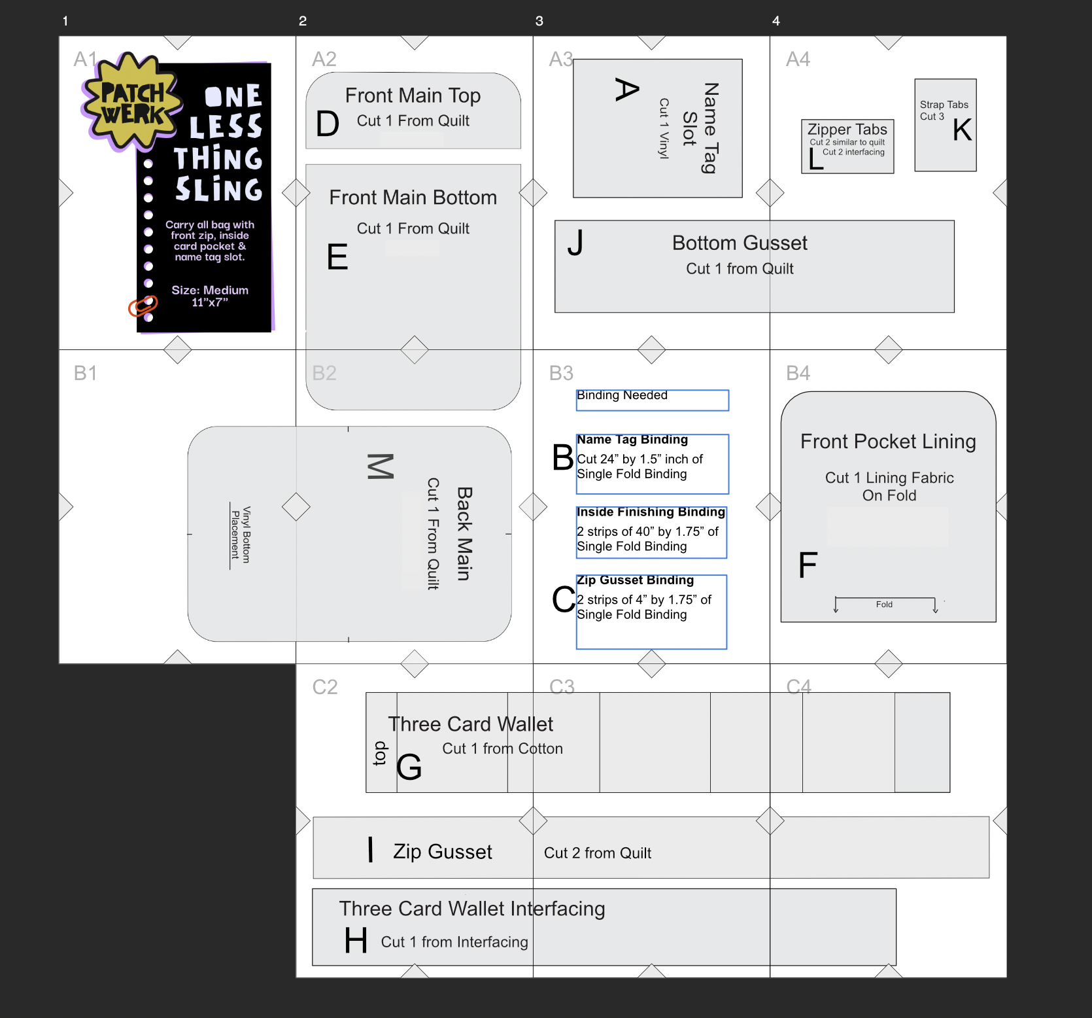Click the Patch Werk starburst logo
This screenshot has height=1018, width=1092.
point(131,102)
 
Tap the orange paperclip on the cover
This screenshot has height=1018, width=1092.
point(143,306)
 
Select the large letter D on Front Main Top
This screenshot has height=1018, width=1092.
point(328,124)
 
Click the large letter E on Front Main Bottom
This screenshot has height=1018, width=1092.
point(337,256)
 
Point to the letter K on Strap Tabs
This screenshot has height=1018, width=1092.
point(962,130)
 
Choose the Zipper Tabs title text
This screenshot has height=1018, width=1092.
point(847,129)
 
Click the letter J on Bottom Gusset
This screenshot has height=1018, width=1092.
point(575,243)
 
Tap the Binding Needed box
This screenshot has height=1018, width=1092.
point(652,400)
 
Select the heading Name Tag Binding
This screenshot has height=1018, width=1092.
point(632,440)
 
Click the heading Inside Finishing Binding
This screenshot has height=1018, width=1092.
point(651,512)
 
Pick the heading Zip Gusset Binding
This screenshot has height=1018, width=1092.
point(635,580)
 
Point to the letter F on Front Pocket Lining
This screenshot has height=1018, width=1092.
point(808,565)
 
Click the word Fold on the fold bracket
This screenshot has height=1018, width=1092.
point(884,605)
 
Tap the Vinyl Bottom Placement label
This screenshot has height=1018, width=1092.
point(241,535)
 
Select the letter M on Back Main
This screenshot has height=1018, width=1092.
point(381,466)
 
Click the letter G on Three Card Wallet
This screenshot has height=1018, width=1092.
point(409,767)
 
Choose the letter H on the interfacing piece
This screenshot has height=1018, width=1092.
point(356,941)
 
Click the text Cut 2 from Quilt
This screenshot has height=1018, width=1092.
point(598,853)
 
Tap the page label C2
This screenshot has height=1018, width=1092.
point(325,687)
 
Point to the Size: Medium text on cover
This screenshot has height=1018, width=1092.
point(210,290)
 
